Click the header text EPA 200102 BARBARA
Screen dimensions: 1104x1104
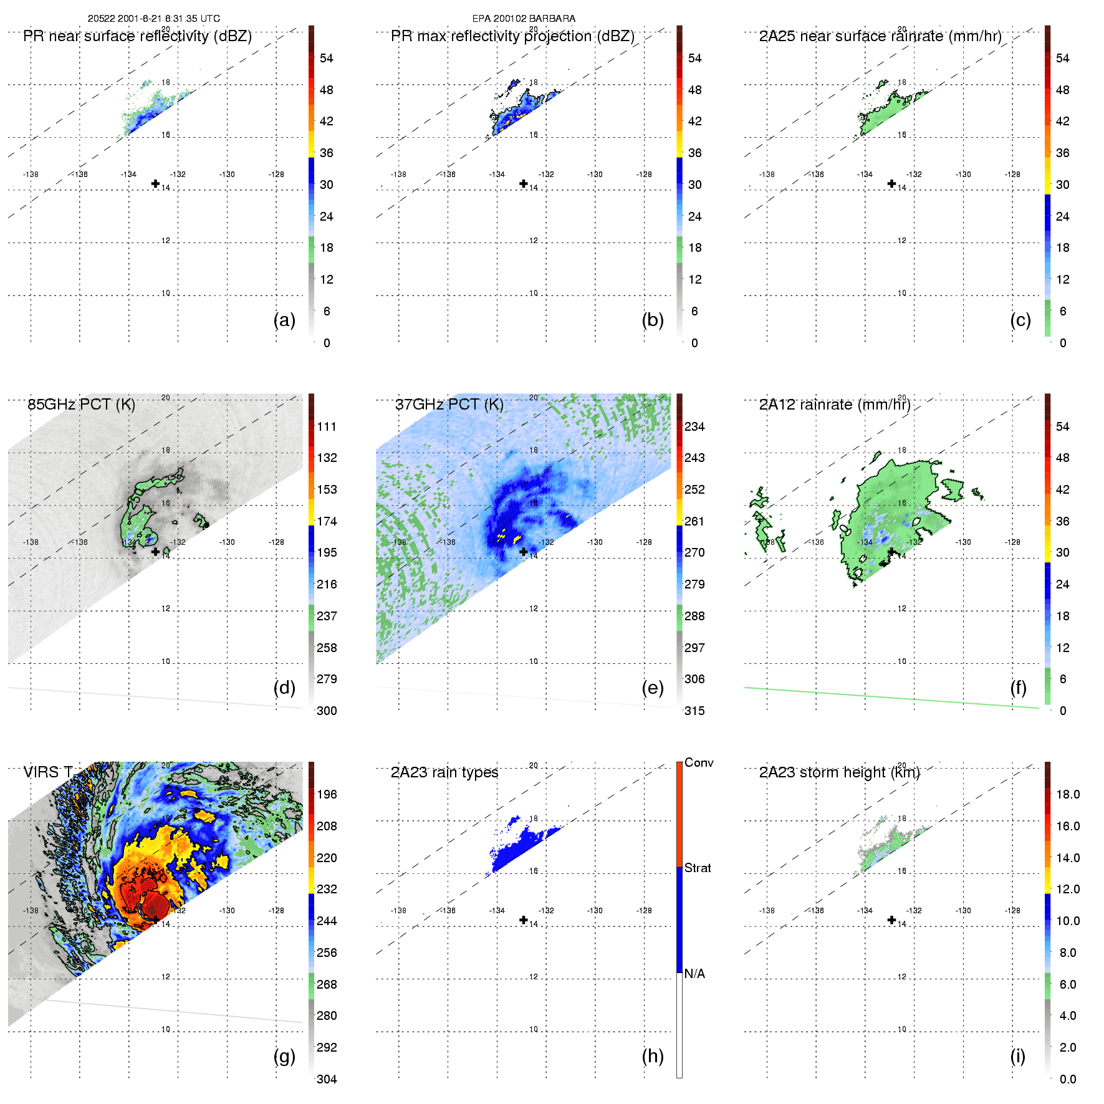click(x=524, y=19)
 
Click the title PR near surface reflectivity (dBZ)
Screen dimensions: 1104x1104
click(x=137, y=36)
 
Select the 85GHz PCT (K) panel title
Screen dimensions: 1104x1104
click(x=81, y=405)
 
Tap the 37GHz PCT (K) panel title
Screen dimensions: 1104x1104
click(x=449, y=405)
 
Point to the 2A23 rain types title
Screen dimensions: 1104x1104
click(x=444, y=772)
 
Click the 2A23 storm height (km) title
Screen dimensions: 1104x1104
click(x=839, y=772)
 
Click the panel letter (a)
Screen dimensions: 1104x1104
click(x=284, y=320)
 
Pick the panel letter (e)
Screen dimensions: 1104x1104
click(x=653, y=688)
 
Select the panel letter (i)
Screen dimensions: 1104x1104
click(x=1017, y=1056)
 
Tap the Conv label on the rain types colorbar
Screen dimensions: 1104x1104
click(x=699, y=762)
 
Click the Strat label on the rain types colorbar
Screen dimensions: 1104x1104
click(x=698, y=868)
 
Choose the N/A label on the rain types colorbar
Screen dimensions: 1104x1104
click(x=694, y=974)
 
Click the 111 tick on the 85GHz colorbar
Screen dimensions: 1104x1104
click(x=327, y=426)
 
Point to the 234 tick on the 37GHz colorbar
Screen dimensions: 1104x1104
click(x=694, y=426)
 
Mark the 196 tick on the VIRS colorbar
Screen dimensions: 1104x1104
click(x=327, y=794)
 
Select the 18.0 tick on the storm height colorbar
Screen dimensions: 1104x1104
click(x=1067, y=794)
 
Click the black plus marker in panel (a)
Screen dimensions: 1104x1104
click(x=155, y=183)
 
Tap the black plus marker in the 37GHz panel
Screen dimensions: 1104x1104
click(x=524, y=552)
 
